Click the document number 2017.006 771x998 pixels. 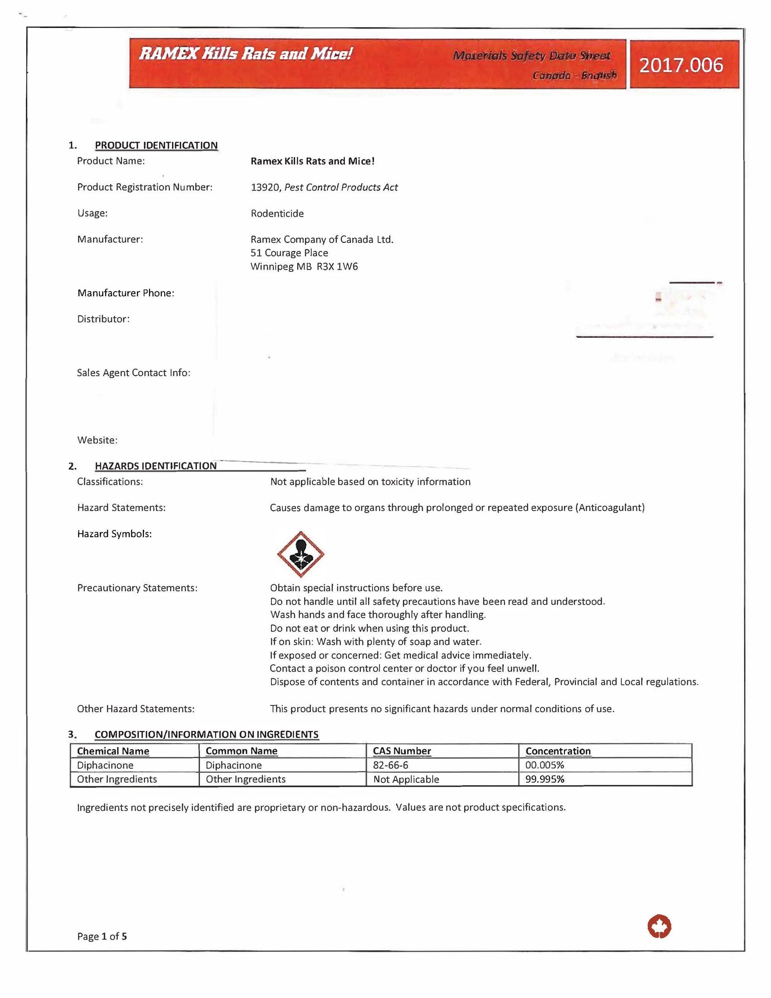point(681,65)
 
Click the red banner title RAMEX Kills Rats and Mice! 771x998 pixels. point(245,54)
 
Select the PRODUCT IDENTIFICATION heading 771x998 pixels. point(156,145)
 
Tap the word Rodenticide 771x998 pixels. point(277,213)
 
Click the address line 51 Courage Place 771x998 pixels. point(289,253)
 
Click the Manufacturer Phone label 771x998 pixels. point(126,293)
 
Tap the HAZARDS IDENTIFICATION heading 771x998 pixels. point(155,465)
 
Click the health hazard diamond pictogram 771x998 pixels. point(300,554)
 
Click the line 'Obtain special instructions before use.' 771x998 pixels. point(356,587)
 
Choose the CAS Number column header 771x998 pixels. point(402,751)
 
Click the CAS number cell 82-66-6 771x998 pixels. point(390,765)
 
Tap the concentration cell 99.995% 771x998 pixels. point(544,779)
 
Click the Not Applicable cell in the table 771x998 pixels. point(406,779)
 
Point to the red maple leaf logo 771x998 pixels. point(659,927)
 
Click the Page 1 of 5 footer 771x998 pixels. point(102,936)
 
